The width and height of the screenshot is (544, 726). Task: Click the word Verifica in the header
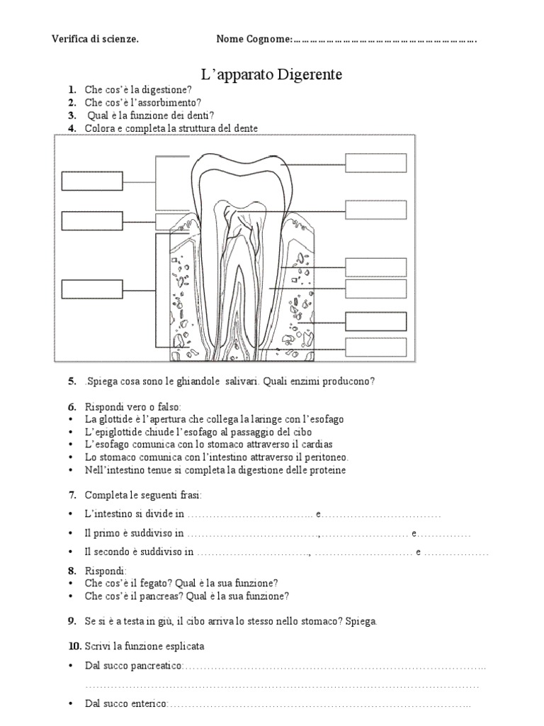[69, 39]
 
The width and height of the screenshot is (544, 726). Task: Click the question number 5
[72, 381]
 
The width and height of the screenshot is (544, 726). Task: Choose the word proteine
[327, 470]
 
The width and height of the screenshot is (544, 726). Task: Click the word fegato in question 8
[152, 583]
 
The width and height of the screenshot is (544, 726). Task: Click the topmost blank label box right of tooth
[376, 163]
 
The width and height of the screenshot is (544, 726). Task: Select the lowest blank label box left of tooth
[92, 289]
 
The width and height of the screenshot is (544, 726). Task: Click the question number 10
[74, 647]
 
